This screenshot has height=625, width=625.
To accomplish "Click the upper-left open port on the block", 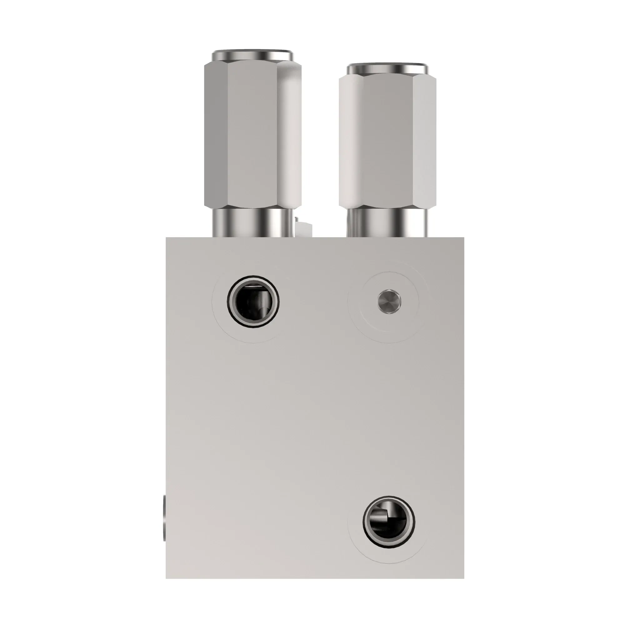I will (x=253, y=302).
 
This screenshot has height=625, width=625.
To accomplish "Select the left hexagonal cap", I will (x=252, y=136).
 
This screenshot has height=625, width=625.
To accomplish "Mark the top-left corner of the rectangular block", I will (x=166, y=238).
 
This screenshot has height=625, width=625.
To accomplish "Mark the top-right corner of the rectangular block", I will (x=463, y=238).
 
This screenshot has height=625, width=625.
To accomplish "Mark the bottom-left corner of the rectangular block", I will (x=166, y=578).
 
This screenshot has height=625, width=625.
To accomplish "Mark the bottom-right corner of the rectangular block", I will (x=463, y=578).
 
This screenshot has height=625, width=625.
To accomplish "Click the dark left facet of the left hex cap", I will (x=216, y=136).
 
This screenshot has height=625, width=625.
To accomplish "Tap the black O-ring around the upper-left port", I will (x=229, y=302).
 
